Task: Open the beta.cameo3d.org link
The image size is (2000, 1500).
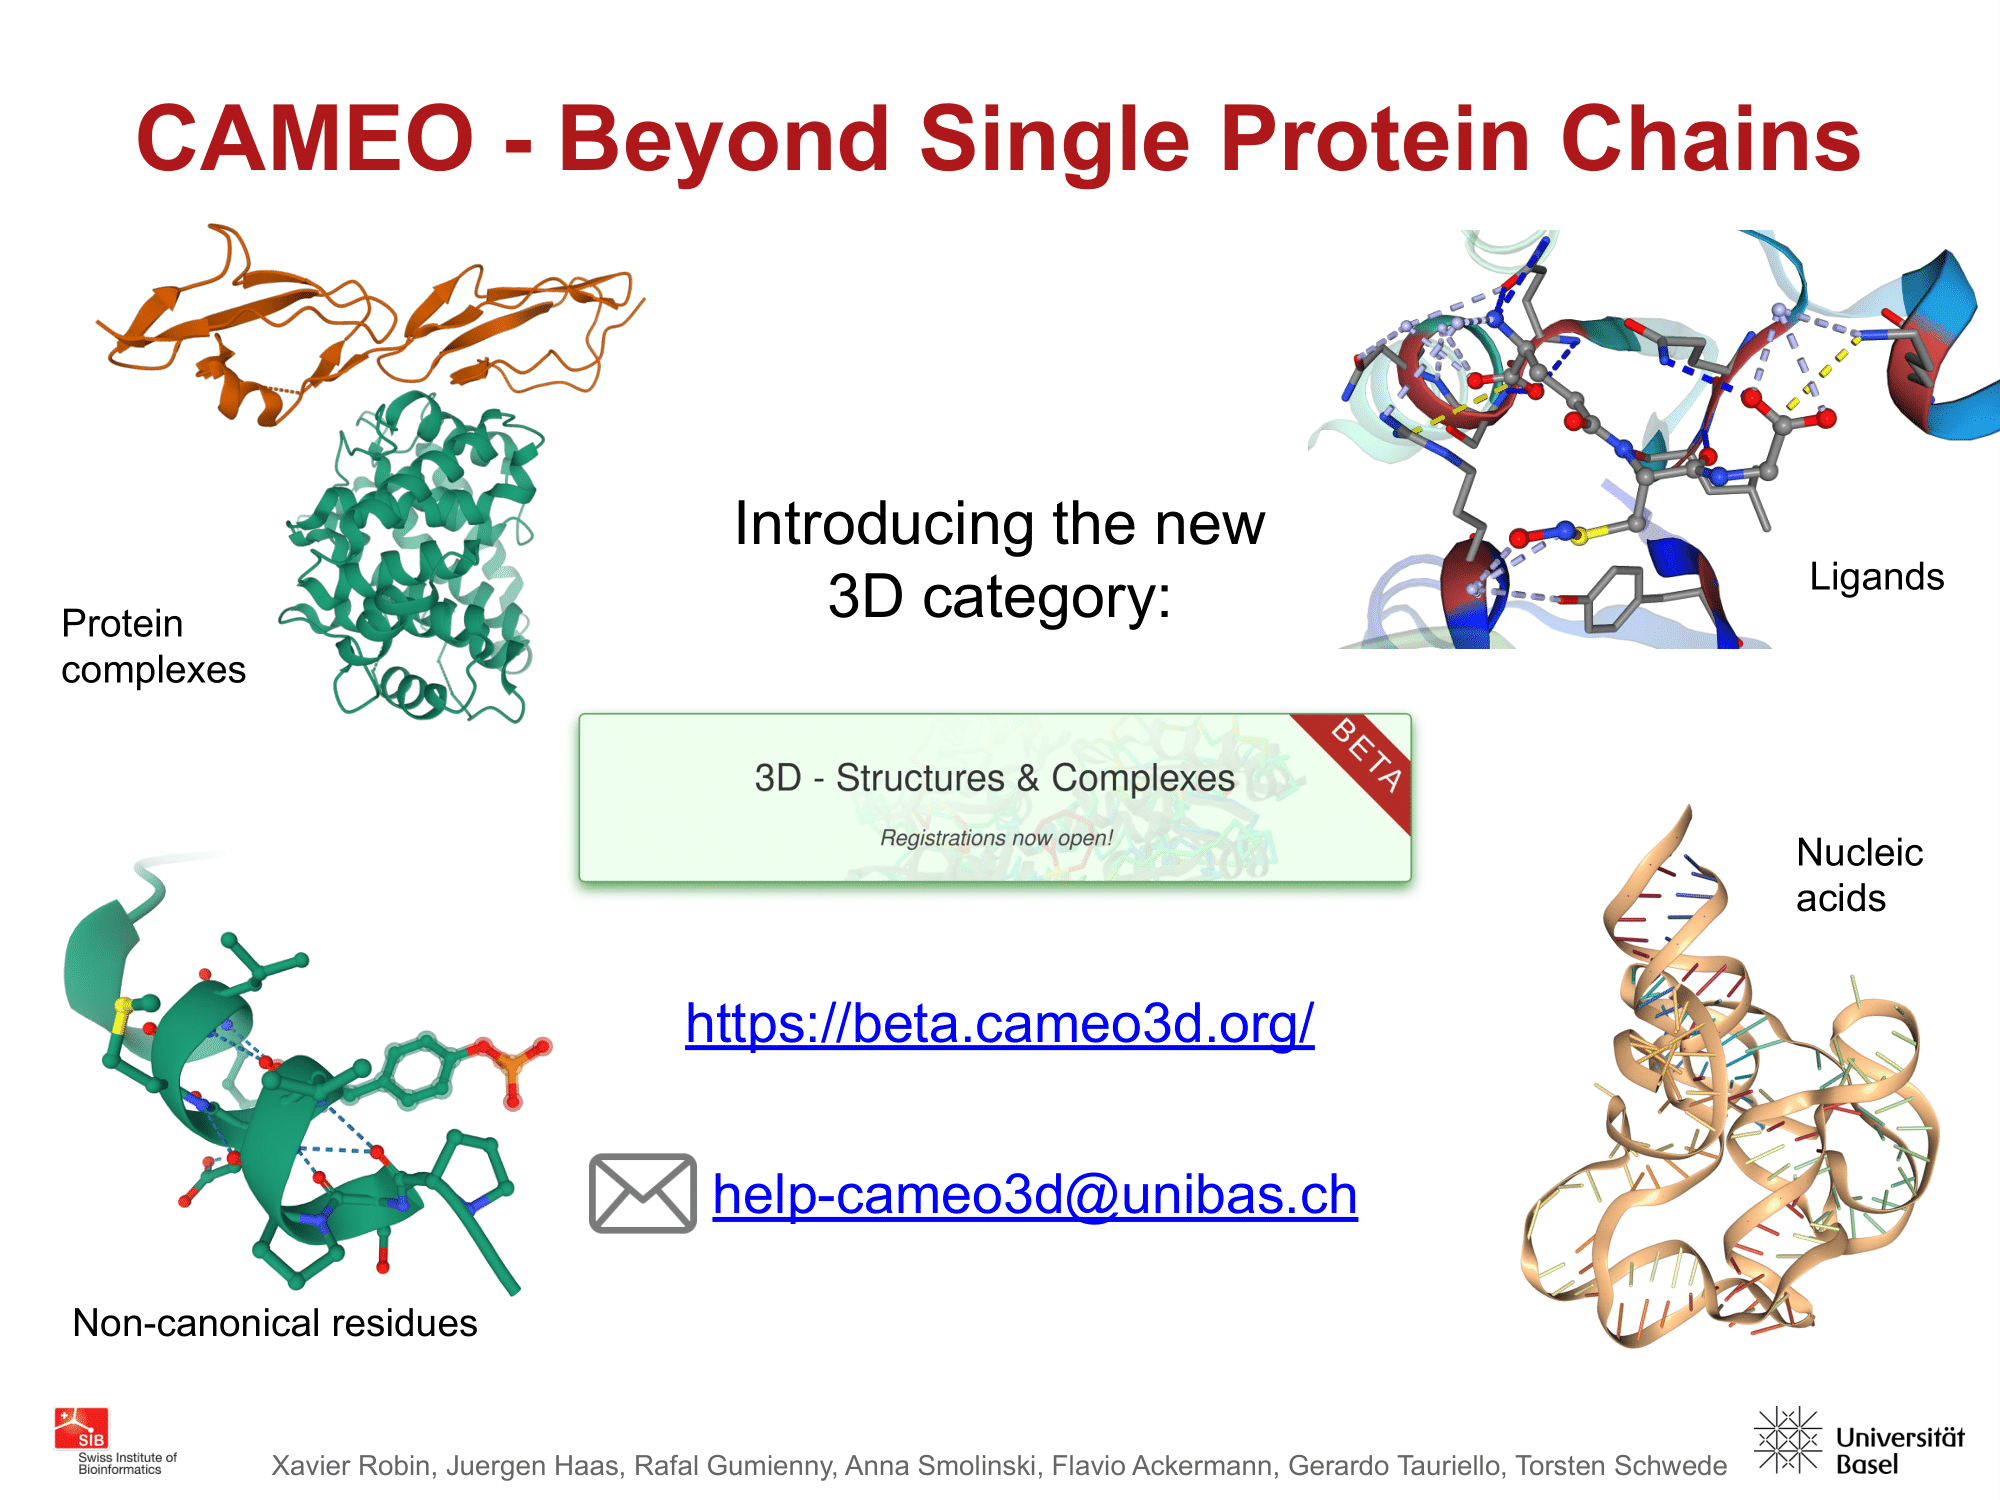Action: coord(999,1023)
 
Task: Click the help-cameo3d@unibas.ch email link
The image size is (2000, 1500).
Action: coord(1035,1194)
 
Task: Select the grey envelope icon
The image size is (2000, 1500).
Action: coord(643,1193)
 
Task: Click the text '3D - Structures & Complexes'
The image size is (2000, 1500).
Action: coord(994,778)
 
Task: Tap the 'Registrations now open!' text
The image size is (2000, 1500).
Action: coord(996,838)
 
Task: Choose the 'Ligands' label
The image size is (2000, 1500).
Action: coord(1877,577)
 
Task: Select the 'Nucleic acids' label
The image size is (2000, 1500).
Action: coord(1859,875)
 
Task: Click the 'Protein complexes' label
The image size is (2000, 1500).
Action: coord(153,646)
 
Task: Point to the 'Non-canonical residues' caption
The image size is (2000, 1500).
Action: coord(275,1323)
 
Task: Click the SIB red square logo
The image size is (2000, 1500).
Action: coord(81,1428)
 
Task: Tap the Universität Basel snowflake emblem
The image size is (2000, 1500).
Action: coord(1788,1440)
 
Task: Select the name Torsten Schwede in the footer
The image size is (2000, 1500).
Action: coord(1621,1466)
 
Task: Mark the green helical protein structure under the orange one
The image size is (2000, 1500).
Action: coord(415,555)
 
